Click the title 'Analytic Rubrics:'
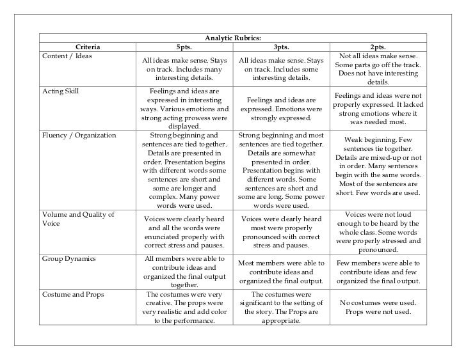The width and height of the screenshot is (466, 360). (x=233, y=37)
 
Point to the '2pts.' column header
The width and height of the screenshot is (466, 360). (x=378, y=46)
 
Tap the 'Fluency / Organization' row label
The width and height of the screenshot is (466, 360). (x=78, y=136)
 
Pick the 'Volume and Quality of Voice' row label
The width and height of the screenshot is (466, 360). (x=77, y=219)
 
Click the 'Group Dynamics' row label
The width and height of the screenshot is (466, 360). (x=68, y=259)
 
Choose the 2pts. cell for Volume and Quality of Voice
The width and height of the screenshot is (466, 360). (x=378, y=232)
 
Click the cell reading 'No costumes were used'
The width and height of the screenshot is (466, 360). (x=378, y=308)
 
